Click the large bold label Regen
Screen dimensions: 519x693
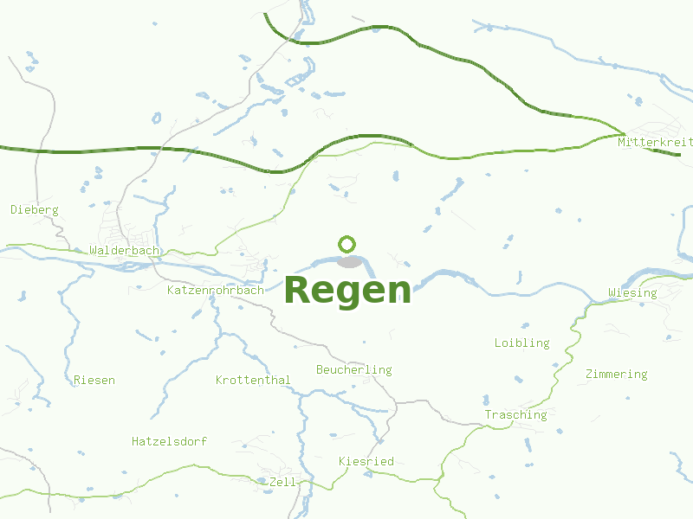347,291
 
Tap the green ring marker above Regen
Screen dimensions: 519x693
347,244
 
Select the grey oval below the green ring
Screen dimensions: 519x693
350,261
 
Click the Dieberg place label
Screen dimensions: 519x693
34,209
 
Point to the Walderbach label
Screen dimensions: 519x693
125,251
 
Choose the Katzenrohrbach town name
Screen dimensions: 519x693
215,290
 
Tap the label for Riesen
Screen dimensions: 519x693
94,380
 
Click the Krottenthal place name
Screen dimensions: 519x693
253,380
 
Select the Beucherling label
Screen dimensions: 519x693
353,369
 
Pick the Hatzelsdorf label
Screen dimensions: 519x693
169,441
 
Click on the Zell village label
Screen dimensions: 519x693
282,481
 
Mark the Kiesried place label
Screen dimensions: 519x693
366,461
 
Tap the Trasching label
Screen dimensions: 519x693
515,414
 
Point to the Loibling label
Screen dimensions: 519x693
521,343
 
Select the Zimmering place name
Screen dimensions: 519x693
616,374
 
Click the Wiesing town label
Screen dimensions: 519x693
632,292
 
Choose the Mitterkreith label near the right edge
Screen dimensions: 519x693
655,141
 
